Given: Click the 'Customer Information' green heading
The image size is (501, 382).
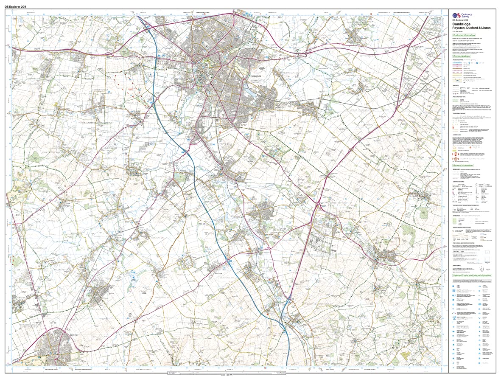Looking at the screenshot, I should click(x=463, y=35).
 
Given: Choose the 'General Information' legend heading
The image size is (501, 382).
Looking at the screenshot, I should click(x=463, y=165).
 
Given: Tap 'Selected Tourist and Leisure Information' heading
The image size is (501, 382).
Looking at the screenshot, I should click(x=472, y=275).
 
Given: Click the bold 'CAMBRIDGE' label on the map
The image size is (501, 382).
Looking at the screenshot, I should click(x=256, y=76).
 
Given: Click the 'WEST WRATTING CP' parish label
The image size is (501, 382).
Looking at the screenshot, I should click(x=428, y=167).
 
